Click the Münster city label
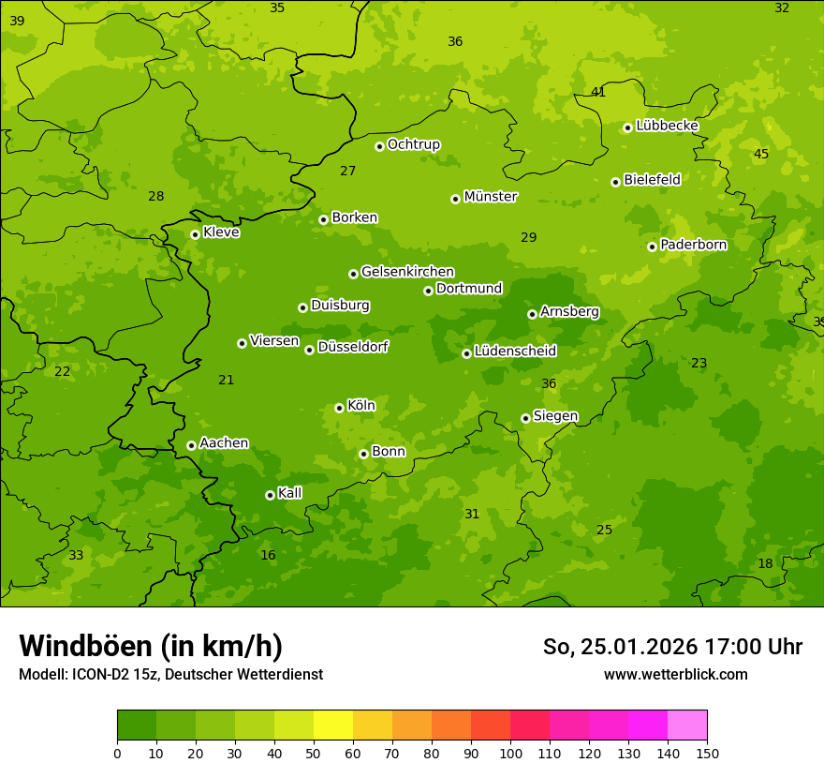490,197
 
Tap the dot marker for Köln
339,408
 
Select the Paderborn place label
693,245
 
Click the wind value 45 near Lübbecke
761,154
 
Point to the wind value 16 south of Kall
268,555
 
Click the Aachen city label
224,443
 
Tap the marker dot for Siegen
525,418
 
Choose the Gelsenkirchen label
407,272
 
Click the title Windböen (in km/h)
151,646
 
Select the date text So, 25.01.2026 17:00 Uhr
672,647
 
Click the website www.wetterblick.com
675,674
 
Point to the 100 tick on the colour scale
510,753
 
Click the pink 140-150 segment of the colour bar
687,726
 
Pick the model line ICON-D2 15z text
170,674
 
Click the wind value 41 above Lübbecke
598,92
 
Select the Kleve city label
221,232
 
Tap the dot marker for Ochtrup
379,146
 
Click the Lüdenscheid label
515,352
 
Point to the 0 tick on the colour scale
117,753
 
